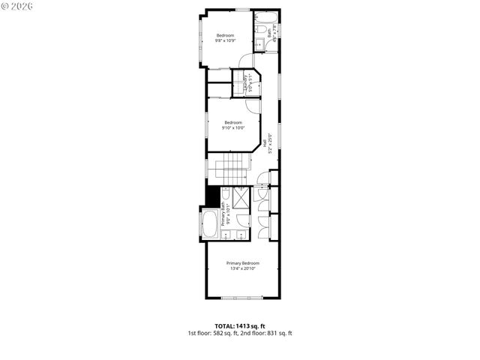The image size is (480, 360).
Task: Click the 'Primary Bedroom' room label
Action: coord(243,263)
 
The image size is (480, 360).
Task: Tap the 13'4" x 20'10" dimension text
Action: coord(243,269)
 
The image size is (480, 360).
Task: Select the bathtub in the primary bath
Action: coord(210,222)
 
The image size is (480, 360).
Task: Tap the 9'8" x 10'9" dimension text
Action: coord(226,41)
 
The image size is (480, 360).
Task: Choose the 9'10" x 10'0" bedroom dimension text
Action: coord(233,128)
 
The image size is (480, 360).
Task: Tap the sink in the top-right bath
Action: coord(258,45)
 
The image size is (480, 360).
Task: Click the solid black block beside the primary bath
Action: coord(211,196)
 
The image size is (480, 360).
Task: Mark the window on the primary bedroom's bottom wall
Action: coord(241,298)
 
